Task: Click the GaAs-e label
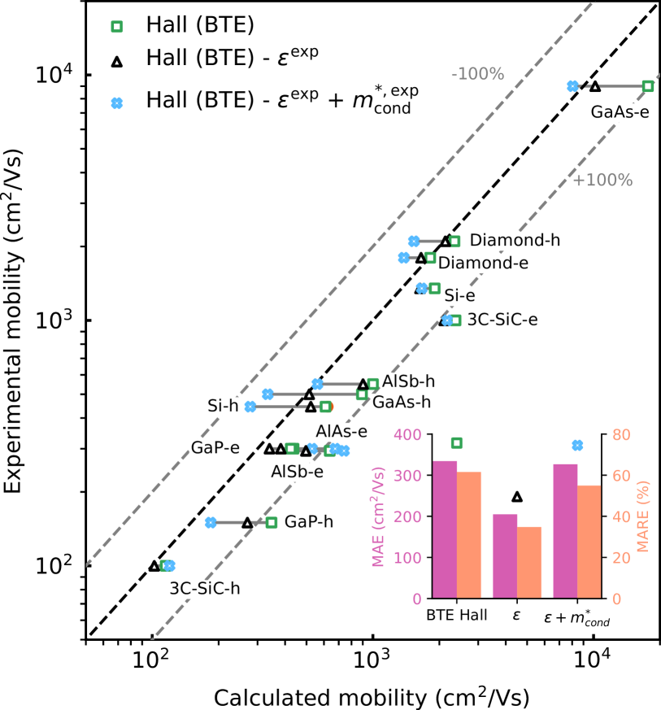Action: click(x=620, y=112)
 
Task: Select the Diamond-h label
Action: click(x=515, y=241)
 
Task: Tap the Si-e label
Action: click(x=459, y=296)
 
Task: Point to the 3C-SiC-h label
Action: click(x=205, y=589)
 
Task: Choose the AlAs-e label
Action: click(x=341, y=431)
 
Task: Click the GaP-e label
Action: click(x=215, y=447)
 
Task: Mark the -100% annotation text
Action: click(x=477, y=75)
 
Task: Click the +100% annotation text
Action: click(x=602, y=181)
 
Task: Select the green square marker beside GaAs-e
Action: click(x=648, y=86)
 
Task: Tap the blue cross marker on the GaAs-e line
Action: click(x=572, y=86)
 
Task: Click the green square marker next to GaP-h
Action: click(x=272, y=522)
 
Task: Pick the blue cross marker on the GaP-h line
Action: click(x=211, y=522)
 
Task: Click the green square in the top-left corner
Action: click(x=117, y=27)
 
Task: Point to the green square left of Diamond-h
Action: click(x=454, y=241)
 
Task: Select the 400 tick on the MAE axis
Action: click(x=407, y=435)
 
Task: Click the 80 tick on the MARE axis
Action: click(x=621, y=435)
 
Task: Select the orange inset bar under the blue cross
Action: click(x=589, y=542)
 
